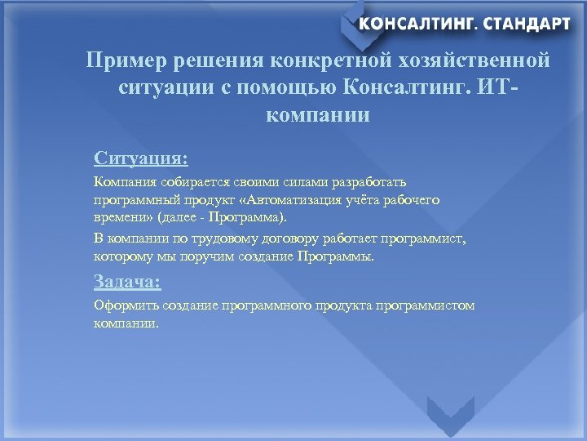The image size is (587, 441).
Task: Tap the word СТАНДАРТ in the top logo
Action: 527,24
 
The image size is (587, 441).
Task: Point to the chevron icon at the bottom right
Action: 451,416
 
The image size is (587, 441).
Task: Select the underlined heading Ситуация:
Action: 140,157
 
